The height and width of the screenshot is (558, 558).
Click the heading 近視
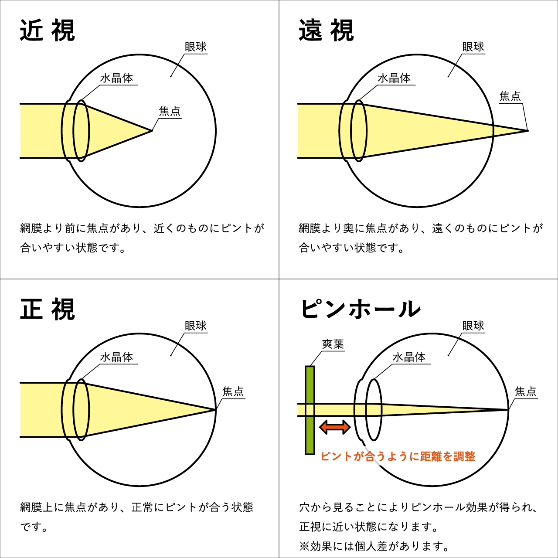point(47,31)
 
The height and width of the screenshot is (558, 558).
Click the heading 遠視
point(326,31)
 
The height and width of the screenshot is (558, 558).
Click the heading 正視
point(47,310)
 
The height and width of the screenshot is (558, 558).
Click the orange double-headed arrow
point(335,427)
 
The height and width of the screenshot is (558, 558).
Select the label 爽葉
point(333,344)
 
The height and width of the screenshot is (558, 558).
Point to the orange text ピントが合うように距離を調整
point(398,456)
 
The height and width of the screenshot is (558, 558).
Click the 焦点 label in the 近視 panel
point(170,111)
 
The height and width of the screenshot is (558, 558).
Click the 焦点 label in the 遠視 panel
point(510,96)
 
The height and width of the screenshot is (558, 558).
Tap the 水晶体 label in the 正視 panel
point(116,357)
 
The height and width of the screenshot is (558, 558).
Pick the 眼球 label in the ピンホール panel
point(473,326)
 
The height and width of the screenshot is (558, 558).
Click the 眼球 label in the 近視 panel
point(195,47)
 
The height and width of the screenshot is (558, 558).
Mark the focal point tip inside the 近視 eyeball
point(152,130)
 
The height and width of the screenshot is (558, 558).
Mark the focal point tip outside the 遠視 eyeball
point(527,130)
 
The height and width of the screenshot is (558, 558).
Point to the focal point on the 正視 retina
point(215,409)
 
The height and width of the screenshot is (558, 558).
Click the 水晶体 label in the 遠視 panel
point(394,78)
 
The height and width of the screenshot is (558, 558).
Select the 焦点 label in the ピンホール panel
point(525,391)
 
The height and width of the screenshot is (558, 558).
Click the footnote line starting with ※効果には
point(374,546)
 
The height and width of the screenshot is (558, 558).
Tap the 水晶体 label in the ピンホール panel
point(409,357)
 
